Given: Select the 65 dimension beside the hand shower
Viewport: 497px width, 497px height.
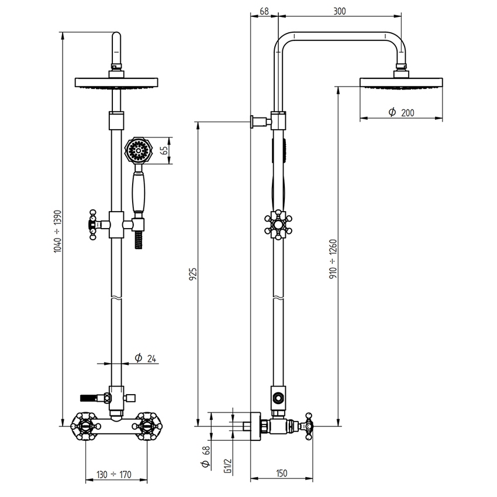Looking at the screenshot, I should pyautogui.click(x=165, y=151).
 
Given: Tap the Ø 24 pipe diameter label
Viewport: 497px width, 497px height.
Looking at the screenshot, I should pyautogui.click(x=144, y=358).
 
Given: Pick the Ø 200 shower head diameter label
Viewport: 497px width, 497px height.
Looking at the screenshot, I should pyautogui.click(x=401, y=112).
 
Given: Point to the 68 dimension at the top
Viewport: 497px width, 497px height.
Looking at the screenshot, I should pyautogui.click(x=263, y=11).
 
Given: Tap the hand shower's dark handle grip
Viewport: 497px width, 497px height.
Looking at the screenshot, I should pyautogui.click(x=139, y=192).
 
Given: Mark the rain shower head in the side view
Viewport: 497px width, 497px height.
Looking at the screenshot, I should pyautogui.click(x=401, y=82).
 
